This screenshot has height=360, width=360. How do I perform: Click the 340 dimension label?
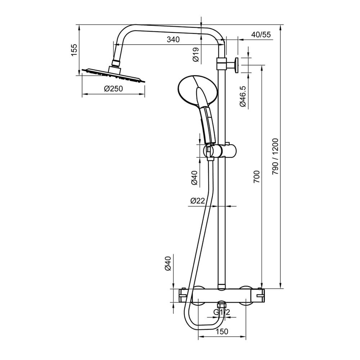tap(173, 40)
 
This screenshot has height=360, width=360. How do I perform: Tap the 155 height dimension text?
tap(74, 50)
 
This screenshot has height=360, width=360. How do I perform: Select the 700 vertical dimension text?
tap(256, 176)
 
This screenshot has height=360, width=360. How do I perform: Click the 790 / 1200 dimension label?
tap(275, 157)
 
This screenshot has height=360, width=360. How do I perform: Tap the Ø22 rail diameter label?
tap(197, 201)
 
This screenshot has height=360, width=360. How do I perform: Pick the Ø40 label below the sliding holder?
tap(195, 178)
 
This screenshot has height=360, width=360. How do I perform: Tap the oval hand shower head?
tap(198, 90)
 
